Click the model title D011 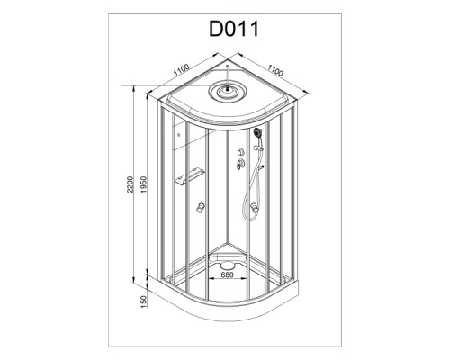coord(233,29)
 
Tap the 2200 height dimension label coord(130,184)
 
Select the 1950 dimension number coord(144,184)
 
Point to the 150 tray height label coord(144,301)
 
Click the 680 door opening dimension coord(227,274)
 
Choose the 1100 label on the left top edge coord(182,70)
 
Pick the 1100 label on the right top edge coord(275,71)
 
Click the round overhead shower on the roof coord(228,90)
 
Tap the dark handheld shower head coord(257,132)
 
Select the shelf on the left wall coord(190,176)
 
